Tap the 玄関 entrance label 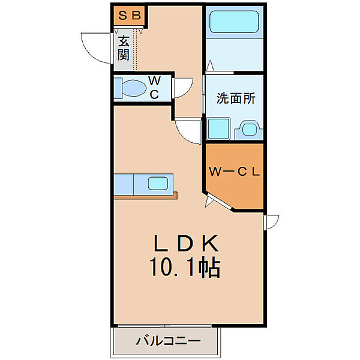(x=124, y=49)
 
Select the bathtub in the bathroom (x=234, y=24)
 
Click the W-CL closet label (x=234, y=172)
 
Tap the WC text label (x=154, y=88)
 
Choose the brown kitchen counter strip (x=146, y=195)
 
